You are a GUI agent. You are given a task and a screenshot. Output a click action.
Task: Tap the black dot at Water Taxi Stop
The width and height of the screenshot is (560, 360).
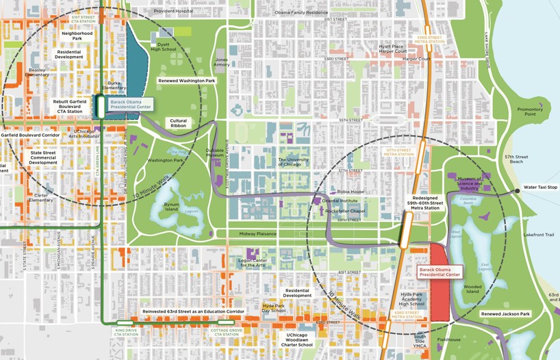coord(517,191)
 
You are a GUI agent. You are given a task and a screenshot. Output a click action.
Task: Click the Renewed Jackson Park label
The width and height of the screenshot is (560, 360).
coord(505,314)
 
